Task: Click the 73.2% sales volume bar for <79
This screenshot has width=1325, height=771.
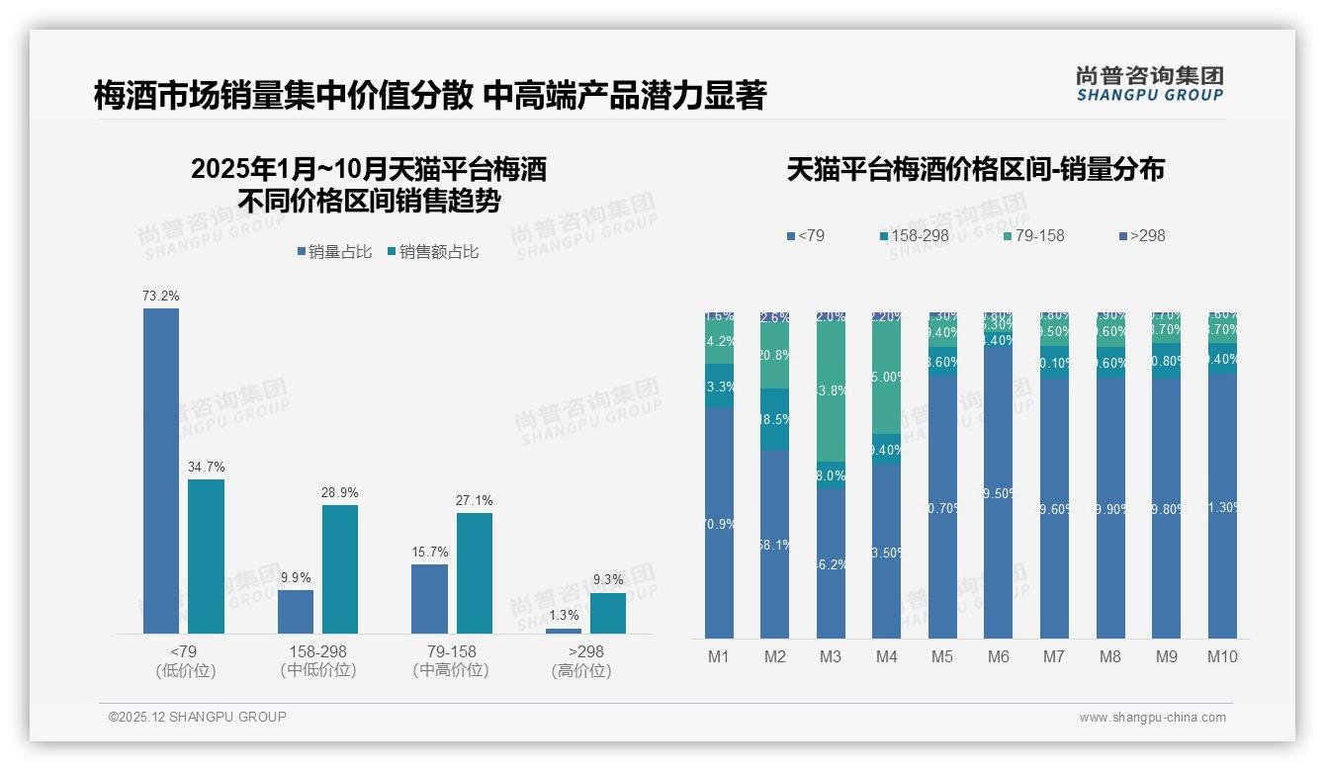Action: (161, 471)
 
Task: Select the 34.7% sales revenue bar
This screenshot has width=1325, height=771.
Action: (207, 557)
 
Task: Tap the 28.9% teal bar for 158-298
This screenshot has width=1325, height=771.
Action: (340, 569)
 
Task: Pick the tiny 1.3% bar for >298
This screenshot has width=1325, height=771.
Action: (564, 631)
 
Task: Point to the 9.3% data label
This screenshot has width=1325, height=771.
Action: (608, 580)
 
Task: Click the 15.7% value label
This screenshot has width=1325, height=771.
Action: (429, 552)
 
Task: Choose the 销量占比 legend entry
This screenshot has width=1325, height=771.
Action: (334, 252)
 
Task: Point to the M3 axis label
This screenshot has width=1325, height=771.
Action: (830, 656)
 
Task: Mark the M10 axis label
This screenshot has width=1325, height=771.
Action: (1222, 656)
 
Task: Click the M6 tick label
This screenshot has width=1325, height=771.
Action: (998, 656)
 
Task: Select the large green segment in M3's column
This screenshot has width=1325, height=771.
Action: (831, 390)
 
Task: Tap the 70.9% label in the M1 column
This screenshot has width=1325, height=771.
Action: (719, 524)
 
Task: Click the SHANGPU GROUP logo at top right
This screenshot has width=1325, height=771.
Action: (1149, 84)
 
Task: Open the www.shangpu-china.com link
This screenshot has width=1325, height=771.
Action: (1152, 718)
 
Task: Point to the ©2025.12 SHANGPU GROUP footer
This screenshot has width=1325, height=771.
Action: (198, 717)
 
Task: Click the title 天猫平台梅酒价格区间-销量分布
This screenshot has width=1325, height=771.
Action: (975, 169)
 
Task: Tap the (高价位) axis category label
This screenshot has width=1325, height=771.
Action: (581, 670)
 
